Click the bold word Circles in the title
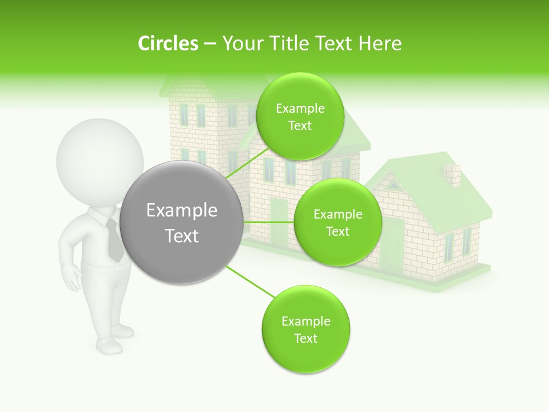pos(168,43)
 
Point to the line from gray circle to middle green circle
pos(268,222)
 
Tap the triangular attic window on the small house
pos(393,184)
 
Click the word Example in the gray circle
pos(182,211)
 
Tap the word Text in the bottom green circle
pos(305,338)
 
